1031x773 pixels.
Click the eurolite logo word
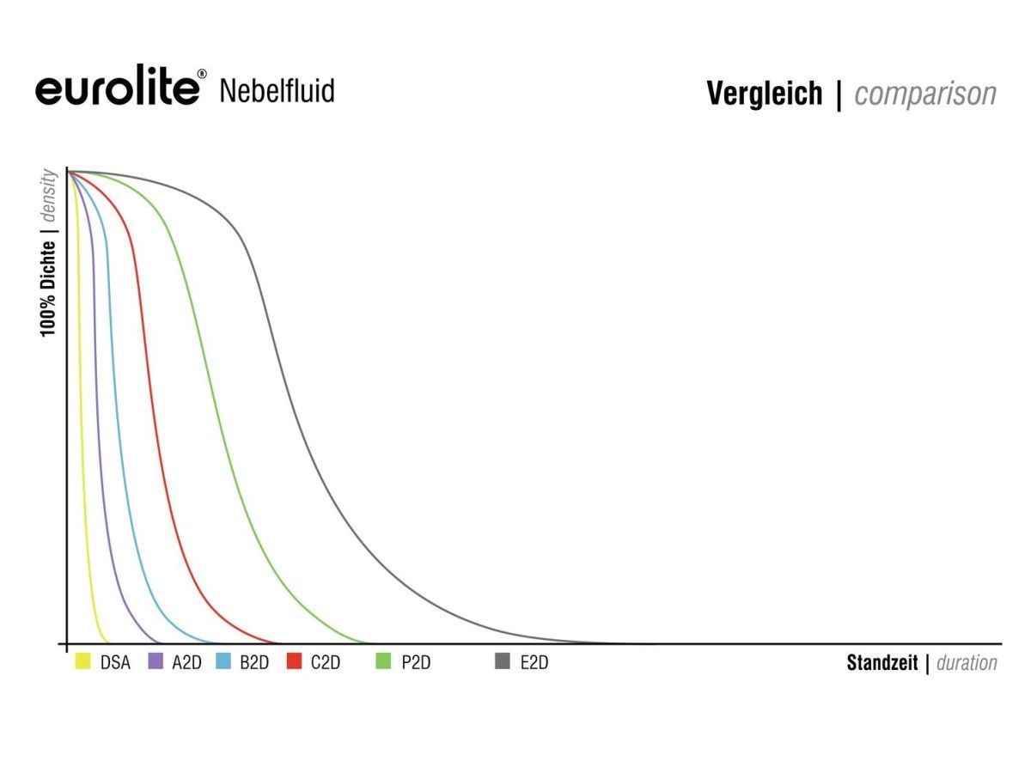(115, 89)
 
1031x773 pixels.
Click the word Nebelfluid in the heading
(277, 90)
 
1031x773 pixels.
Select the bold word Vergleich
(764, 94)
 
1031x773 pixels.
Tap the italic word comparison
(925, 94)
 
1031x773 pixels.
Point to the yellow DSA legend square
(83, 661)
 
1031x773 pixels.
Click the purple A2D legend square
(156, 661)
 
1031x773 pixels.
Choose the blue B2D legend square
(223, 661)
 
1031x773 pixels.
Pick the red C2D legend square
(294, 661)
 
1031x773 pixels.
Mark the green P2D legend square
(384, 661)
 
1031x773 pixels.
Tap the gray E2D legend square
(503, 661)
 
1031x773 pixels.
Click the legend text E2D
(534, 662)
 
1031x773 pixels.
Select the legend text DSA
(115, 662)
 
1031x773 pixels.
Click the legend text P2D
(416, 662)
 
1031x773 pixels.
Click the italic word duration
(967, 663)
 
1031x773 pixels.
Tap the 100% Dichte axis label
(49, 289)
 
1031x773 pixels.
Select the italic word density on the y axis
(49, 197)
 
